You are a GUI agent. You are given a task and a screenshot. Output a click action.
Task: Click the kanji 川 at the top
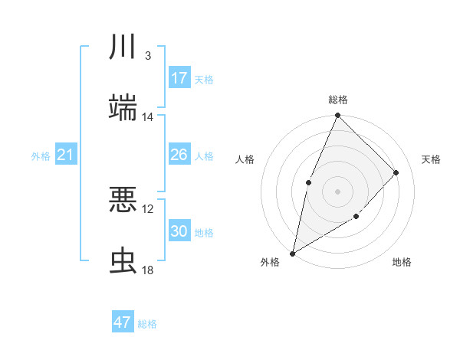[x=123, y=47]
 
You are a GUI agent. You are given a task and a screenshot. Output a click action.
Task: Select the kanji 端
[x=123, y=107]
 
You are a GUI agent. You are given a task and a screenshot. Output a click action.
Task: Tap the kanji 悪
[x=123, y=200]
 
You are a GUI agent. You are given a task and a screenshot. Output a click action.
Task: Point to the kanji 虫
[x=123, y=260]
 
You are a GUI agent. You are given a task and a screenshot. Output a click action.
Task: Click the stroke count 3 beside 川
[x=147, y=56]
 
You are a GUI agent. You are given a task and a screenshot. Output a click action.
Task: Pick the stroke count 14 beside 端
[x=148, y=117]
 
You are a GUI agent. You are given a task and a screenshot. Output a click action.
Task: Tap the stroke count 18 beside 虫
[x=148, y=270]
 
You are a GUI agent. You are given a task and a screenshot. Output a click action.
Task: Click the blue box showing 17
[x=179, y=78]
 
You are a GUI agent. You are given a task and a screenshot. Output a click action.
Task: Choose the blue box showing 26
[x=179, y=155]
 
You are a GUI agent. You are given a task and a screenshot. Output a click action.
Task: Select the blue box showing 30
[x=179, y=231]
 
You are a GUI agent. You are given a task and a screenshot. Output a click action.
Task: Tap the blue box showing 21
[x=66, y=155]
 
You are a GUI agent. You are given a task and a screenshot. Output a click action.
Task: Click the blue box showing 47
[x=123, y=322]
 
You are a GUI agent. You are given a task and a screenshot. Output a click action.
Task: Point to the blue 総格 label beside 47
[x=147, y=324]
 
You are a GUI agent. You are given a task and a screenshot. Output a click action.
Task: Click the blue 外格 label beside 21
[x=41, y=156]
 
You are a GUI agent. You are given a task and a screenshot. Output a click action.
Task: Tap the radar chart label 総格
[x=337, y=100]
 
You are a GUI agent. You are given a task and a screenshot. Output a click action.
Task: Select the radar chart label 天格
[x=431, y=159]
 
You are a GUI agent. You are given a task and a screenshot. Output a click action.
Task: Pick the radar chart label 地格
[x=402, y=262]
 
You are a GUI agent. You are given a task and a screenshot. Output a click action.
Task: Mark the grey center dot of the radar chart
[x=337, y=191]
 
